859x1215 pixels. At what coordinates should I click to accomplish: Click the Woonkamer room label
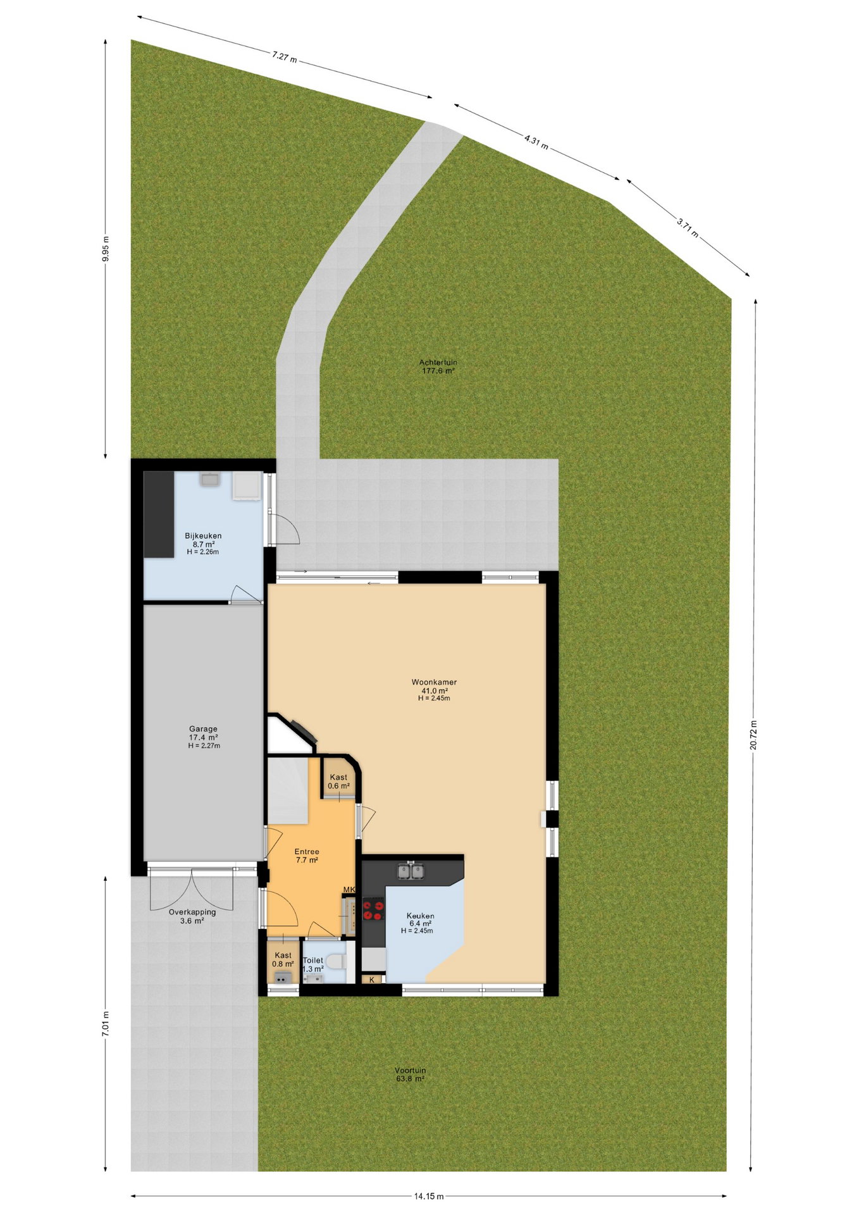tap(434, 682)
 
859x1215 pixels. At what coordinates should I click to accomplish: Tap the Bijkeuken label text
tap(203, 536)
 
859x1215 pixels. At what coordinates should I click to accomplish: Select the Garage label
tap(203, 729)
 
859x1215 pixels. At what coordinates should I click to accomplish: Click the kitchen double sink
tap(411, 871)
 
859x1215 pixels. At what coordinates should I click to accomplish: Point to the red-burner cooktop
tap(373, 910)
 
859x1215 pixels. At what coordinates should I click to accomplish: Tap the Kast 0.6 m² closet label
tap(338, 782)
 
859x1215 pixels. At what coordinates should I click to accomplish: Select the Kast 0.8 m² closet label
tap(283, 959)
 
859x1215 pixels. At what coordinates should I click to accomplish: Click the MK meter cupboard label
tap(349, 890)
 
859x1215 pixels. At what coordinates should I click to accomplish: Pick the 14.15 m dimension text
tap(429, 1196)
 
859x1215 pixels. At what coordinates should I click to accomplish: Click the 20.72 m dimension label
tap(753, 735)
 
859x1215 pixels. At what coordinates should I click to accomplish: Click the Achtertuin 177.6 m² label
tap(438, 367)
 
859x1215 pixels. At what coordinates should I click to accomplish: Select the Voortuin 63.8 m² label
tap(410, 1075)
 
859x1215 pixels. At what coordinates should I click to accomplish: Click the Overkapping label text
tap(192, 912)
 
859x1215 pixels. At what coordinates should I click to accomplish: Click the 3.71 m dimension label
tap(688, 227)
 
